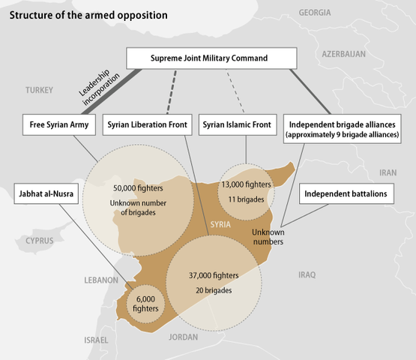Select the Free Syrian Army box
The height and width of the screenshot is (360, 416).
click(x=59, y=124)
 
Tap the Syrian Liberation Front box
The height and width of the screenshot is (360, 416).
click(x=147, y=124)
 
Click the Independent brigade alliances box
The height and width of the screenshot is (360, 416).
click(x=345, y=129)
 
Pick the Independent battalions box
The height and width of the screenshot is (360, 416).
click(x=346, y=193)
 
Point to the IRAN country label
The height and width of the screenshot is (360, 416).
click(x=388, y=172)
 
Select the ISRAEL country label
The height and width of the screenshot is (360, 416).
click(x=97, y=340)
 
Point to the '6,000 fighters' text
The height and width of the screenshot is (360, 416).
click(x=145, y=303)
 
